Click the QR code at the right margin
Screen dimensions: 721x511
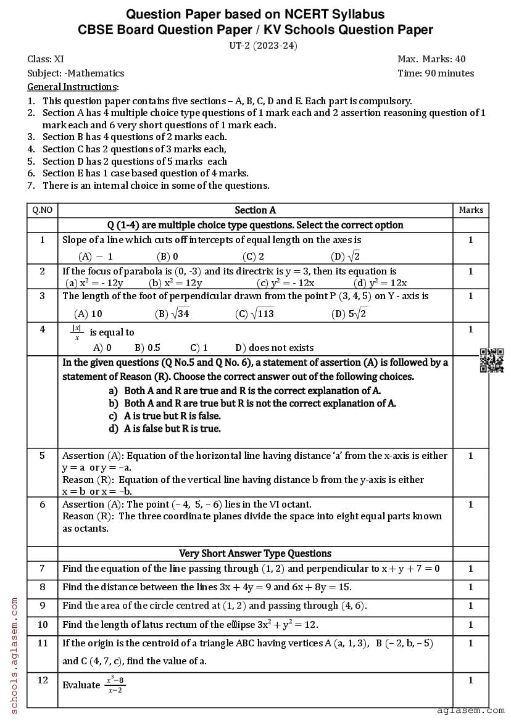click(x=491, y=361)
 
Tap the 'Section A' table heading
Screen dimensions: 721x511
click(x=255, y=210)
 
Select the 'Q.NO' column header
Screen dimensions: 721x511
click(x=43, y=210)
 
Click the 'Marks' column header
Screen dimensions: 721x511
click(x=470, y=210)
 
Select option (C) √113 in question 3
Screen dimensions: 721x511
click(x=254, y=314)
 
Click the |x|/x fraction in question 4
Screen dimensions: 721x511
click(x=78, y=332)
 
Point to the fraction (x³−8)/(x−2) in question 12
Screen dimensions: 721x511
click(x=115, y=685)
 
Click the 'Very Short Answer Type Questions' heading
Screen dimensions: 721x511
click(x=255, y=553)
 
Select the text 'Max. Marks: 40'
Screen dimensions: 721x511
click(x=431, y=59)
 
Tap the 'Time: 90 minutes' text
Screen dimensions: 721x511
click(x=436, y=73)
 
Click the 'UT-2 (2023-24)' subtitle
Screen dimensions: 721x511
click(x=255, y=45)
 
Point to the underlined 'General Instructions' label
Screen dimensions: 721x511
click(x=72, y=87)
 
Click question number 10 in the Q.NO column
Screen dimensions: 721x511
click(x=43, y=624)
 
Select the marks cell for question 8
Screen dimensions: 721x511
click(x=470, y=587)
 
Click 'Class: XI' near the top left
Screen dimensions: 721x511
click(x=46, y=59)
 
